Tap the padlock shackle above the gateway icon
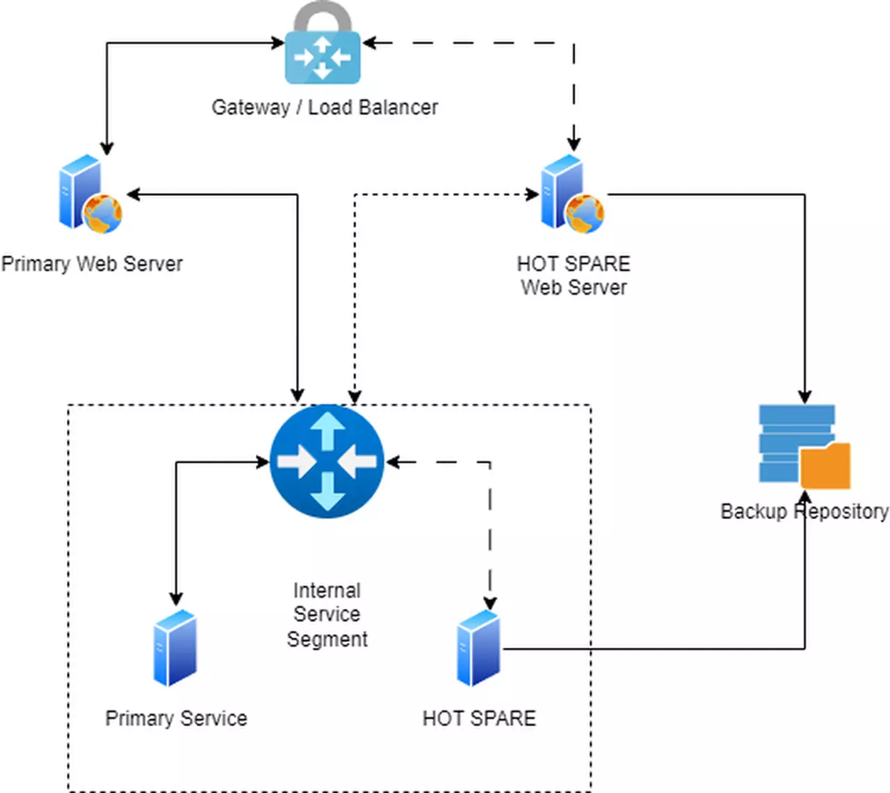(x=323, y=15)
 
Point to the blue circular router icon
(x=327, y=461)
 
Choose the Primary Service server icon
(x=175, y=648)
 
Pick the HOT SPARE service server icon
(x=478, y=648)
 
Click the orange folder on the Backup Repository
(x=825, y=466)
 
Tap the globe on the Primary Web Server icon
(x=103, y=213)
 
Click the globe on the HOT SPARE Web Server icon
(x=585, y=213)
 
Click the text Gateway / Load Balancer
(x=325, y=107)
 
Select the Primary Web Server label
(x=92, y=264)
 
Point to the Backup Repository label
(x=804, y=512)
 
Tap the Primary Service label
(x=176, y=718)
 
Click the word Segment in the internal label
(x=327, y=639)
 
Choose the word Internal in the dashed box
(x=327, y=591)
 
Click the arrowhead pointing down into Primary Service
(x=176, y=599)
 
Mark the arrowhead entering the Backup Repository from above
(x=804, y=397)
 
